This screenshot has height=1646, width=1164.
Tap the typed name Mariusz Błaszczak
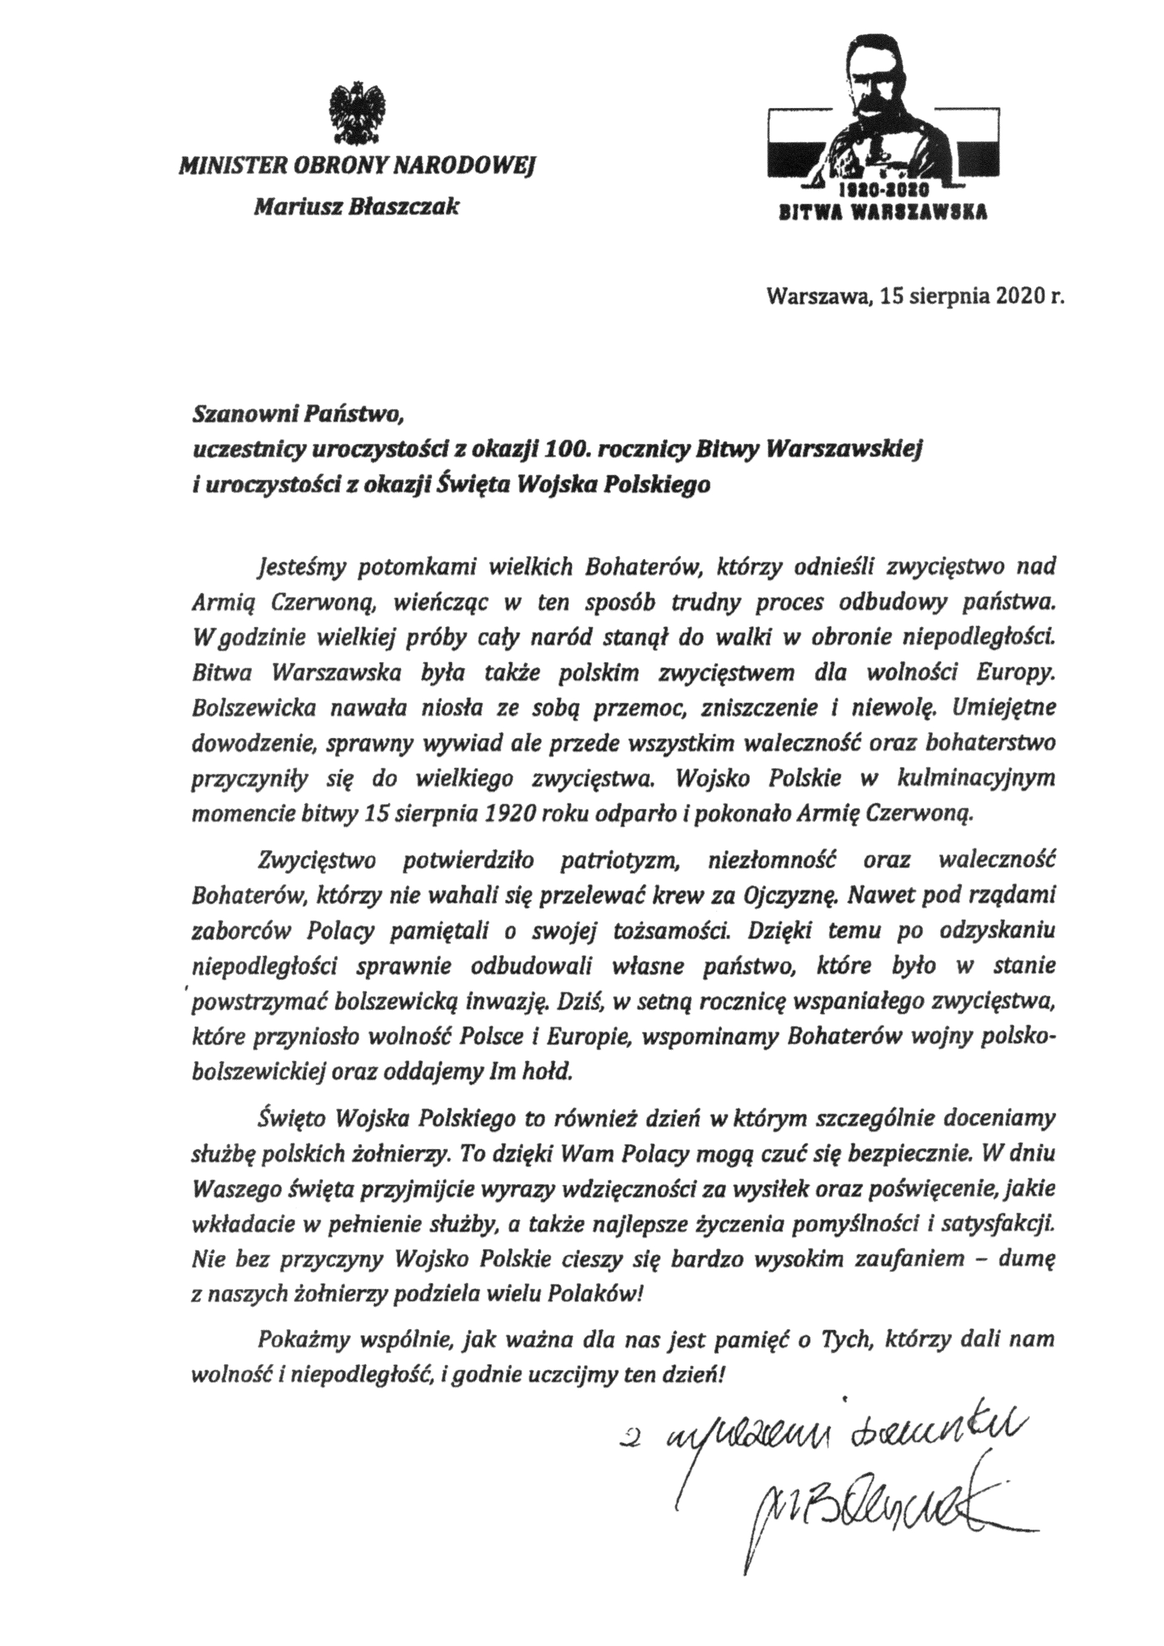click(356, 207)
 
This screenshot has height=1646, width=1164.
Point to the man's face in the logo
click(872, 79)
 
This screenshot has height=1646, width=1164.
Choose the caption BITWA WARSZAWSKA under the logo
click(883, 212)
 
